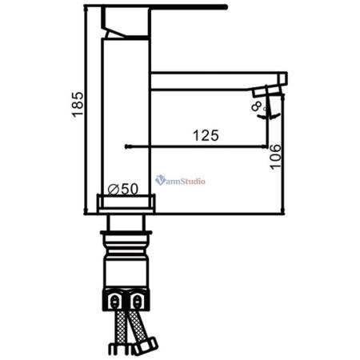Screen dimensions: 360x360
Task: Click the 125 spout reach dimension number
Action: (206, 136)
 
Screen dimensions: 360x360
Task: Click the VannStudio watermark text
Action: (182, 182)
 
